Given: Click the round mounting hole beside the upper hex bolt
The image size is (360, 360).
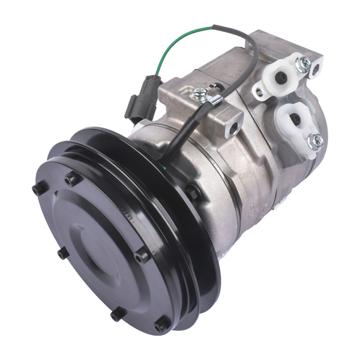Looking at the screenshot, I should pyautogui.click(x=314, y=71).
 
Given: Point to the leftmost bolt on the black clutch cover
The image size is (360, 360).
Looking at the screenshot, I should pyautogui.click(x=36, y=190).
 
